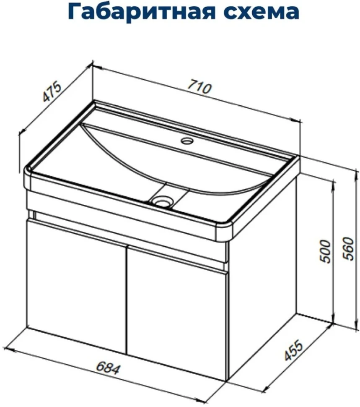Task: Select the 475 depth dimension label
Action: [52, 92]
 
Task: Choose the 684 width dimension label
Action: [108, 368]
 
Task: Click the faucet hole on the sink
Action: [187, 141]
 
